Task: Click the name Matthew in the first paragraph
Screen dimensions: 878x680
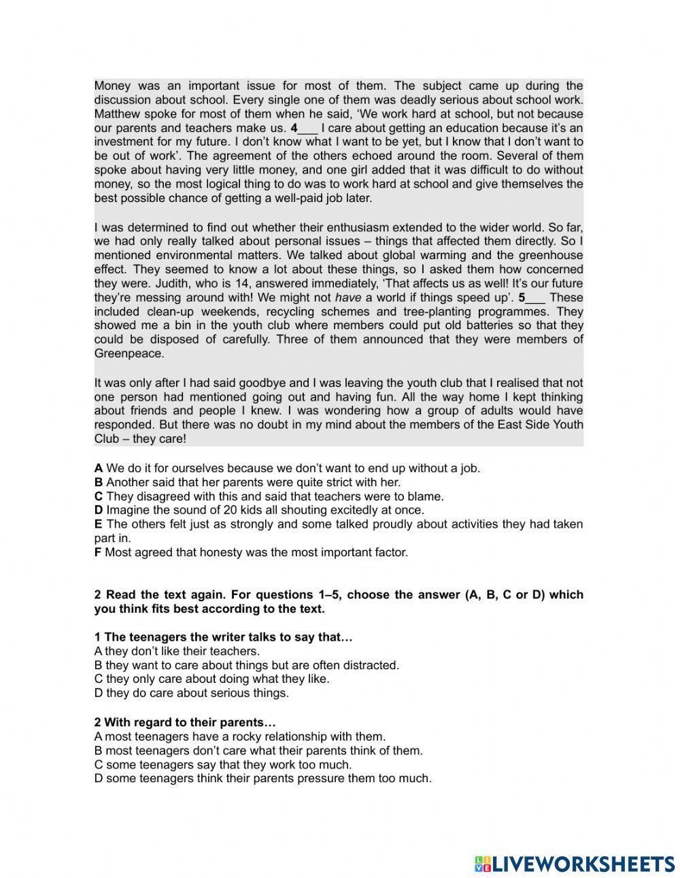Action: click(x=117, y=114)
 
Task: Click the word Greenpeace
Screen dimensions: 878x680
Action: click(x=129, y=354)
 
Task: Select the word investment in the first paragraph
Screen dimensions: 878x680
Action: click(x=126, y=141)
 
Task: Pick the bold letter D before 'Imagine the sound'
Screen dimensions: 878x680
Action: click(x=99, y=510)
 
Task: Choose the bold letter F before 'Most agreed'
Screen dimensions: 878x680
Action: click(x=98, y=552)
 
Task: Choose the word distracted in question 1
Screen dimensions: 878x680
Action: click(x=371, y=665)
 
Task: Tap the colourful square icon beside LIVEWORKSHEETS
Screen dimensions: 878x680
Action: click(x=482, y=864)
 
